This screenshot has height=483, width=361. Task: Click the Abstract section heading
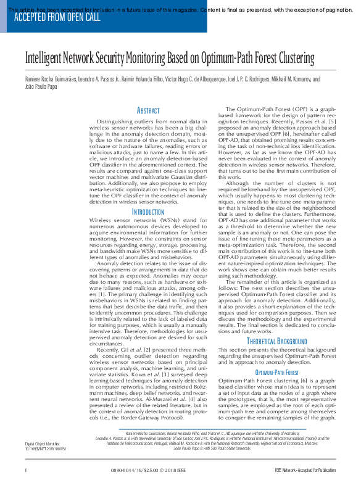pos(147,110)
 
